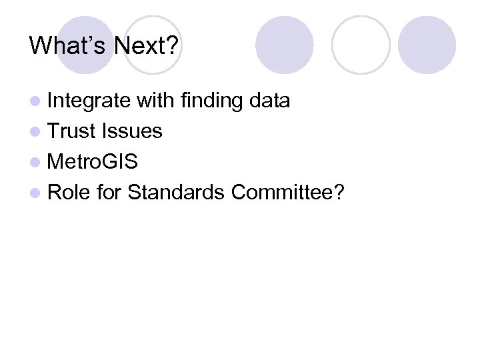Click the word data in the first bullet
[x=269, y=101]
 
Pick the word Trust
[x=73, y=131]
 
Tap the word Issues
[x=132, y=131]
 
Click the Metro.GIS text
[x=93, y=162]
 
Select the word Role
[x=69, y=193]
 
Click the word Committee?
[x=288, y=193]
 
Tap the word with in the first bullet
[x=154, y=101]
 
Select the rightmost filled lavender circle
[x=427, y=45]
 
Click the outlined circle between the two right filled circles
[x=360, y=45]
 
